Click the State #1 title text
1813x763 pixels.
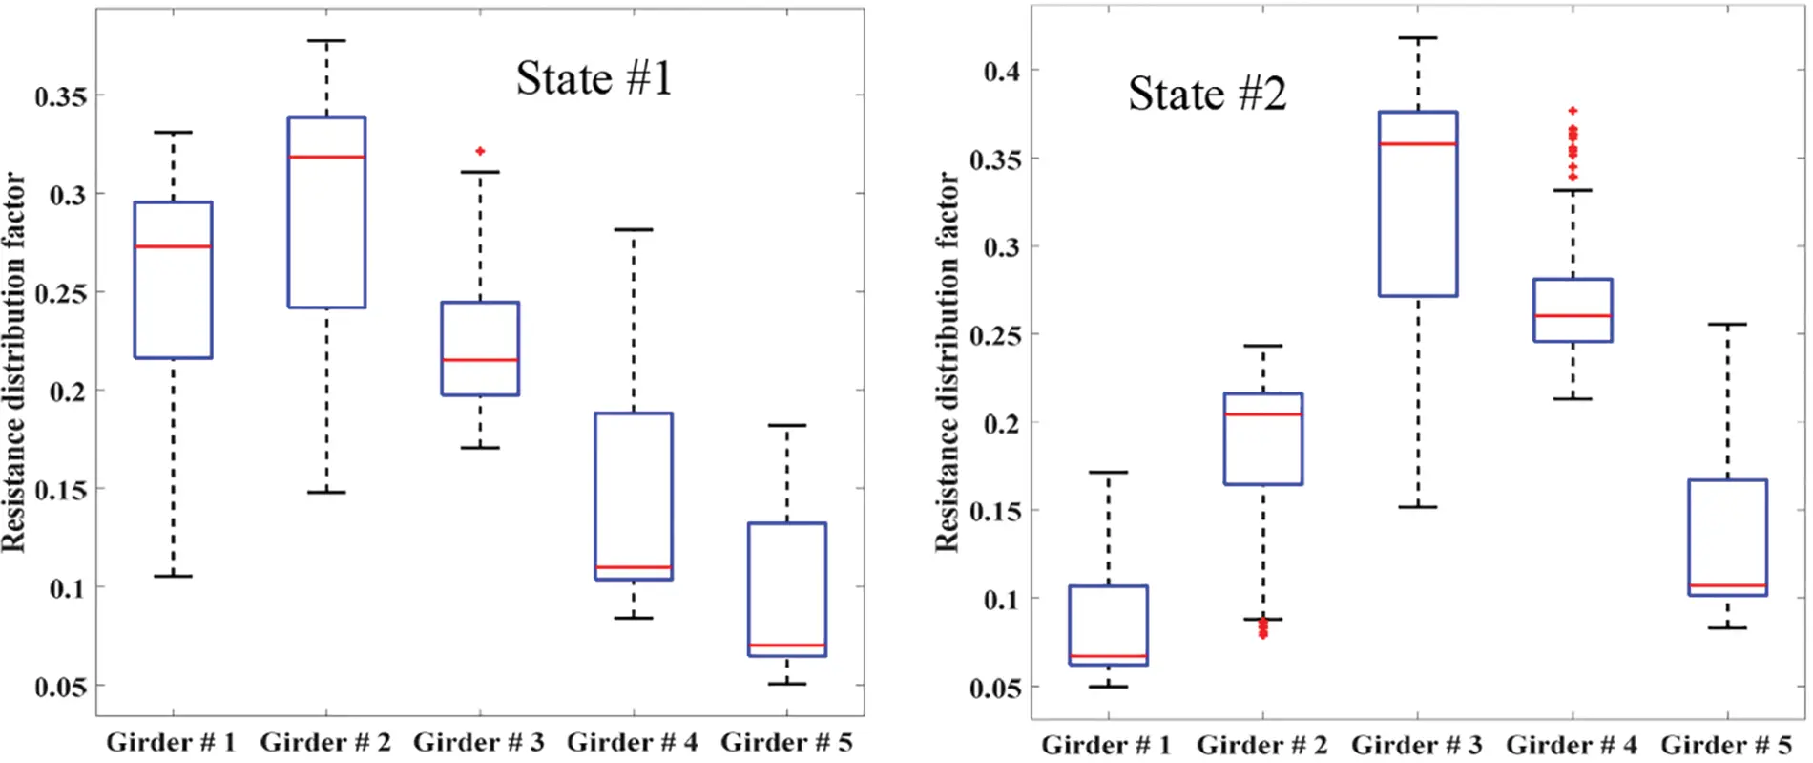coord(594,78)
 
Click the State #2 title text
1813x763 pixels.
coord(1207,94)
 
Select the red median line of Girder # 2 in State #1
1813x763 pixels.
coord(326,157)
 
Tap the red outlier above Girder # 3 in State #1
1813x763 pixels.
coord(480,151)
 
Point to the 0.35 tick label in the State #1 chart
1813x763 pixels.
coord(60,96)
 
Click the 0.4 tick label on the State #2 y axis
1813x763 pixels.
coord(1001,71)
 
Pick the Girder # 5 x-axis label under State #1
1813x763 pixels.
coord(786,742)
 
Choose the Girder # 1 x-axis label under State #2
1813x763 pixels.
coord(1105,745)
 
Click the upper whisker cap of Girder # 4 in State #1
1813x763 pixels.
coord(634,229)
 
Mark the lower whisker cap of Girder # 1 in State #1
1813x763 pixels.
coord(173,576)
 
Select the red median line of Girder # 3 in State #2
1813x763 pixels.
coord(1418,144)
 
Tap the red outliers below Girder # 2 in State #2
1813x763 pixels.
coord(1263,628)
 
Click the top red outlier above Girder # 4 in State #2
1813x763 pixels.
coord(1573,111)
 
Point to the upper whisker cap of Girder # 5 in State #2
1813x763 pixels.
coord(1727,325)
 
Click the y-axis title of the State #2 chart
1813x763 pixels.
coord(946,363)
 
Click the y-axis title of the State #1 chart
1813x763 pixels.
coord(13,363)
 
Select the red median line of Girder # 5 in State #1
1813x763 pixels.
coord(787,646)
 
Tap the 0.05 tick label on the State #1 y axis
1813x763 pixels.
coord(60,687)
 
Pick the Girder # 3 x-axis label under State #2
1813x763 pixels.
coord(1416,745)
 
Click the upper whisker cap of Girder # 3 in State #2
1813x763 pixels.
coord(1418,38)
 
